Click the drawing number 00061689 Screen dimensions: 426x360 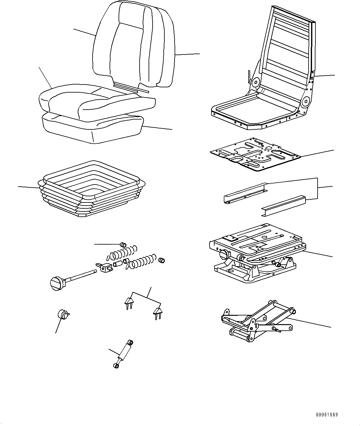click(x=327, y=415)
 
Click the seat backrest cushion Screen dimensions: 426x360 click(x=133, y=46)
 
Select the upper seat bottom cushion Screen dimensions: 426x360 click(x=96, y=99)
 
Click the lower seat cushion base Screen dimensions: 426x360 click(x=93, y=127)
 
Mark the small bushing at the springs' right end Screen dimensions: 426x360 click(x=161, y=260)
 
